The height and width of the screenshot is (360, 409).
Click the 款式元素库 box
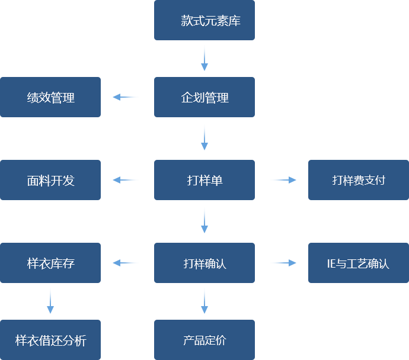point(204,21)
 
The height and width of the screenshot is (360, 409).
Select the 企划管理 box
point(204,97)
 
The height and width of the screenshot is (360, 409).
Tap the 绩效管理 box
point(50,97)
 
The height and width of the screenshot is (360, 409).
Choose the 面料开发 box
point(50,180)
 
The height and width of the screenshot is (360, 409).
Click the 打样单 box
point(204,180)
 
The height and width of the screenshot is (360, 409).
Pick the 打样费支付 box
point(358,180)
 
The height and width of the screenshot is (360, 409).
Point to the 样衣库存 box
point(50,263)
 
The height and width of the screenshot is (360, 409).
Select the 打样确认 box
point(204,263)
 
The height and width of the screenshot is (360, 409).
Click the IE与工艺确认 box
point(358,263)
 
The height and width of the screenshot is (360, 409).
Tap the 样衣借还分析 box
point(50,340)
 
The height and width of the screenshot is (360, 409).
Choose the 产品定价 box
point(204,340)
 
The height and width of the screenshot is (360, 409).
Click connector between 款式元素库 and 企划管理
point(204,58)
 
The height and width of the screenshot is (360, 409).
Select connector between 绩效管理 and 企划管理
point(125,97)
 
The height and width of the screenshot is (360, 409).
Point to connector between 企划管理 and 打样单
point(204,137)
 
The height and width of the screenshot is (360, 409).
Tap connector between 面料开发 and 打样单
point(125,180)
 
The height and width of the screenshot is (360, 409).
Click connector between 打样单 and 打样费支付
point(283,180)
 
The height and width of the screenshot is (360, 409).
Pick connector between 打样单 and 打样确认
point(204,220)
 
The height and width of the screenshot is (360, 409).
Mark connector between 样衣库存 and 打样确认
point(125,263)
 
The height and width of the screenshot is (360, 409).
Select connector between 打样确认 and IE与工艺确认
point(283,263)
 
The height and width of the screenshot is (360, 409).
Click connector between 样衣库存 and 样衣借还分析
point(50,301)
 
